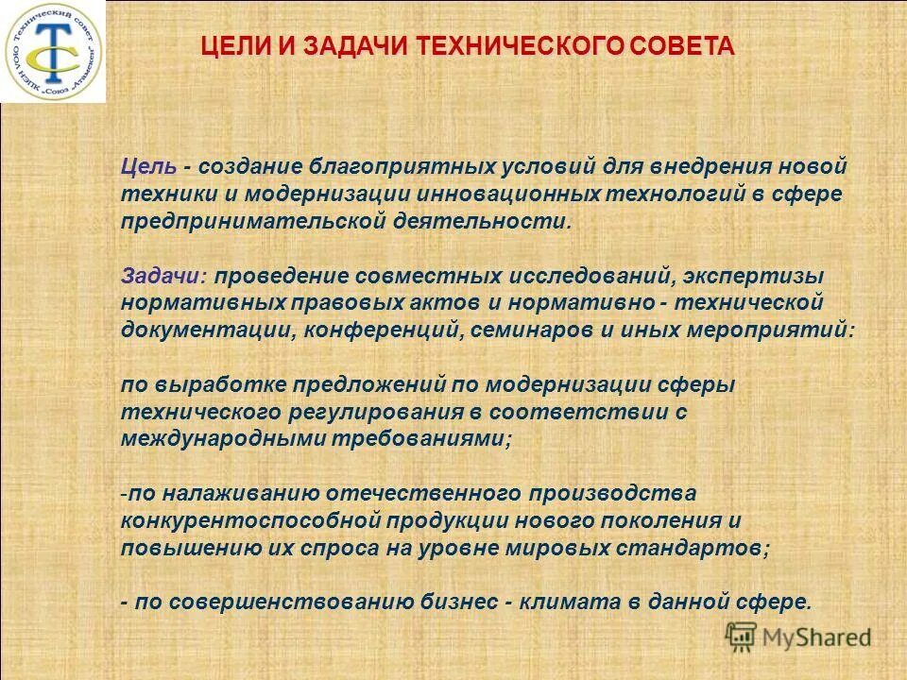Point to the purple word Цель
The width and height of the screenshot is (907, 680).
pos(148,167)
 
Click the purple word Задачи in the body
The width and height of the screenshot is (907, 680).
pos(163,277)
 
